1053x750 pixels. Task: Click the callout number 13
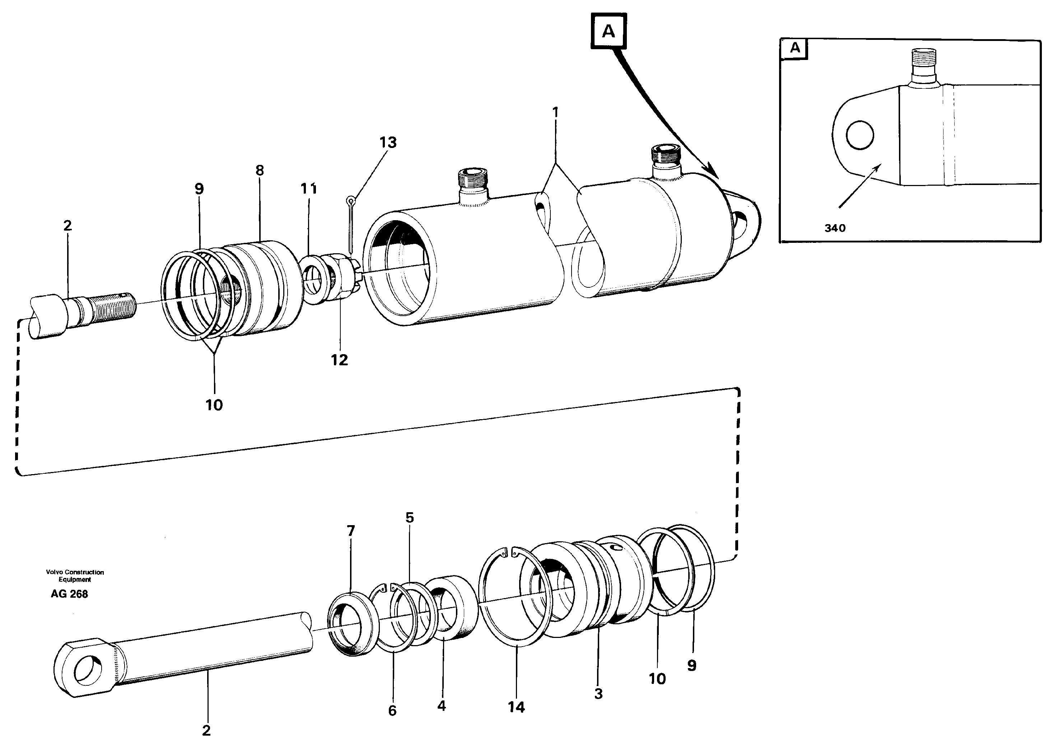tap(388, 143)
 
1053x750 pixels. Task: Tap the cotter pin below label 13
tap(351, 222)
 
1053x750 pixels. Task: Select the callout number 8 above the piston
tap(260, 170)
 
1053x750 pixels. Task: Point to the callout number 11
tap(309, 189)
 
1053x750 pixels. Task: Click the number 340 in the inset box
tap(835, 228)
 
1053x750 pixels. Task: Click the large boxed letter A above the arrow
tap(609, 31)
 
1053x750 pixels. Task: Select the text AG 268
tap(69, 594)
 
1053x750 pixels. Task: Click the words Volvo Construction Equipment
tap(75, 575)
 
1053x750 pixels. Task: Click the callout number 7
tap(350, 531)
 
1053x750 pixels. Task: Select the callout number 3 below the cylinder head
tap(598, 694)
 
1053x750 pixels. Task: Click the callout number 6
tap(392, 710)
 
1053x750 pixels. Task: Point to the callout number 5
tap(410, 518)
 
